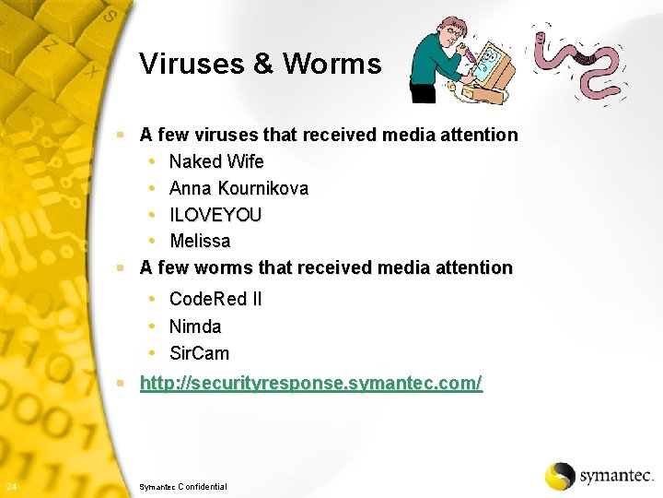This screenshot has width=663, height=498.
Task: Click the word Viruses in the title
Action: pyautogui.click(x=191, y=64)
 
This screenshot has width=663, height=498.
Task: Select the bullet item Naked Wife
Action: pyautogui.click(x=216, y=162)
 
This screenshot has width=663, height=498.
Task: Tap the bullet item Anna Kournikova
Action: pyautogui.click(x=238, y=189)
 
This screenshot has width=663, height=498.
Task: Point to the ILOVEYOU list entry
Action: pyautogui.click(x=215, y=215)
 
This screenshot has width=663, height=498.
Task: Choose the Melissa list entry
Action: pyautogui.click(x=200, y=242)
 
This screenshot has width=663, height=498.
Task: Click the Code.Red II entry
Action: pyautogui.click(x=215, y=300)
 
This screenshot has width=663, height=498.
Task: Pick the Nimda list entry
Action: pyautogui.click(x=195, y=326)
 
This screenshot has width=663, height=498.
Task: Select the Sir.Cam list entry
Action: pyautogui.click(x=200, y=353)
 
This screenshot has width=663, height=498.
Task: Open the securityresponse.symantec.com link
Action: pyautogui.click(x=310, y=384)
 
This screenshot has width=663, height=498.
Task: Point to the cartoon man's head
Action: pyautogui.click(x=450, y=31)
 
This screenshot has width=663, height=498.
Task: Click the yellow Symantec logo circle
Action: pyautogui.click(x=559, y=476)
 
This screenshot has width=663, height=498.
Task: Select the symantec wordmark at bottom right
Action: pyautogui.click(x=615, y=476)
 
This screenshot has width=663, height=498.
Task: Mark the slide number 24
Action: pyautogui.click(x=9, y=486)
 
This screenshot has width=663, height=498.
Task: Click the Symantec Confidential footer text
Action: pyautogui.click(x=182, y=486)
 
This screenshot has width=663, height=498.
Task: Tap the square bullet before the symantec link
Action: pyautogui.click(x=121, y=383)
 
